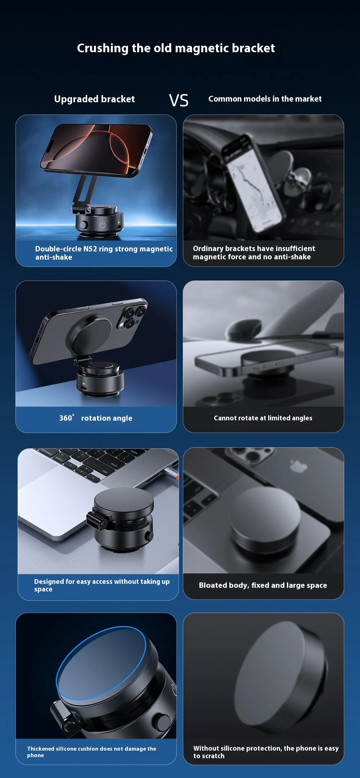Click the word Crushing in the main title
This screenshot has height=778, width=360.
(103, 48)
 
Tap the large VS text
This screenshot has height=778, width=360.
(179, 100)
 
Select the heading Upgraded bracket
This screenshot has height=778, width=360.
(94, 99)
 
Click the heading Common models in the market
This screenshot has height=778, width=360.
(265, 99)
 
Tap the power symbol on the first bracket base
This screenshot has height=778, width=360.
(103, 225)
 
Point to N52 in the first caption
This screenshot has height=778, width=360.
(90, 249)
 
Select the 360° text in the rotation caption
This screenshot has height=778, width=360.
(67, 418)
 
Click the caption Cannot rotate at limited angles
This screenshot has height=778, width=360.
(263, 418)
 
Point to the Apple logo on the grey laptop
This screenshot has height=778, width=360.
(298, 466)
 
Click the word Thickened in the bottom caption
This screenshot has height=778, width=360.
(41, 748)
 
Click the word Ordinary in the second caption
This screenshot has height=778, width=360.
(208, 249)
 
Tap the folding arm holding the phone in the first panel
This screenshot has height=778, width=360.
(85, 191)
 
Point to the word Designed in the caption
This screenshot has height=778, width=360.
(49, 582)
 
